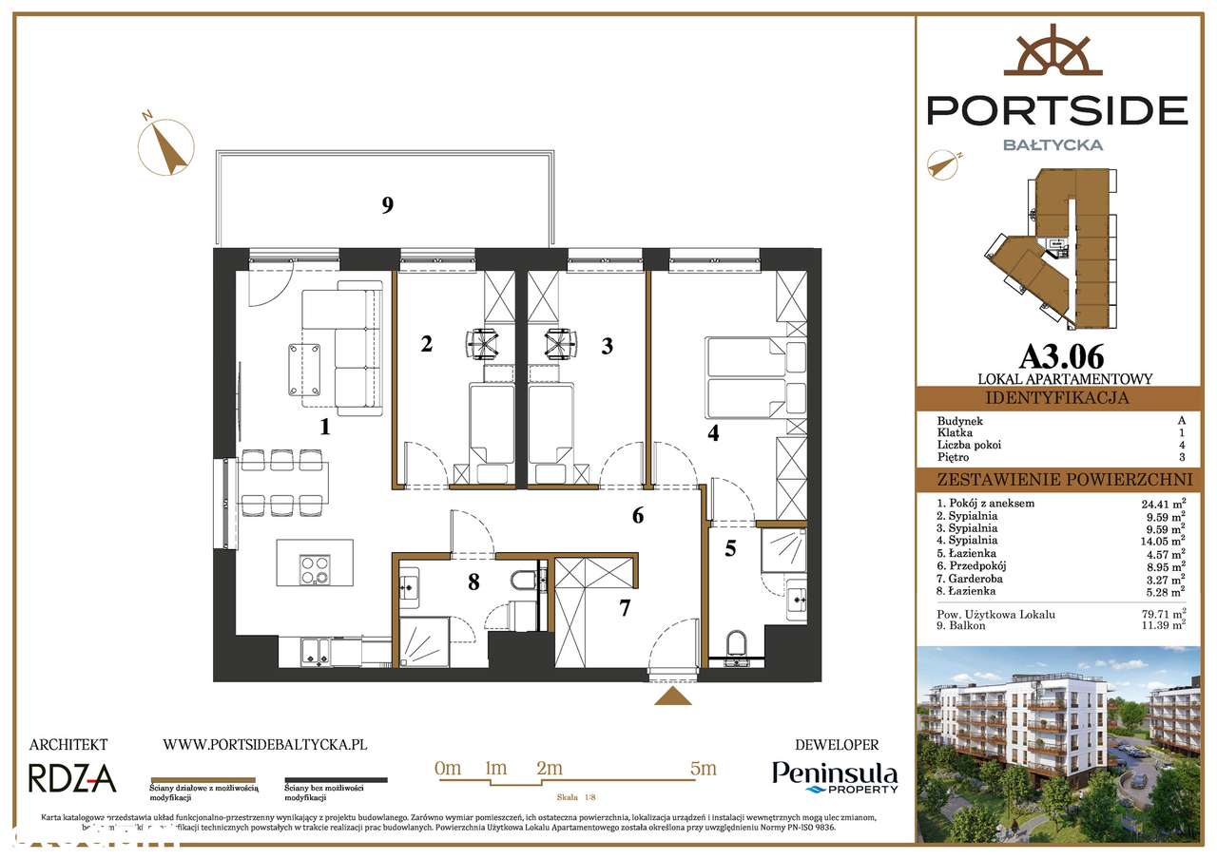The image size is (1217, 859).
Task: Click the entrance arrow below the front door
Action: click(674, 697)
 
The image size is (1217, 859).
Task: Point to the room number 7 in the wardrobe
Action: click(625, 608)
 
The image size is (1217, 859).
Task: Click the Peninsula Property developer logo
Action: click(835, 776)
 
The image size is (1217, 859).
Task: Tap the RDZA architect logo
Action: click(72, 778)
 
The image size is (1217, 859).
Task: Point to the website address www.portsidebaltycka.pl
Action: click(264, 746)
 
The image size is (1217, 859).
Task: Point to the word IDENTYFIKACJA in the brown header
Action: click(1057, 398)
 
